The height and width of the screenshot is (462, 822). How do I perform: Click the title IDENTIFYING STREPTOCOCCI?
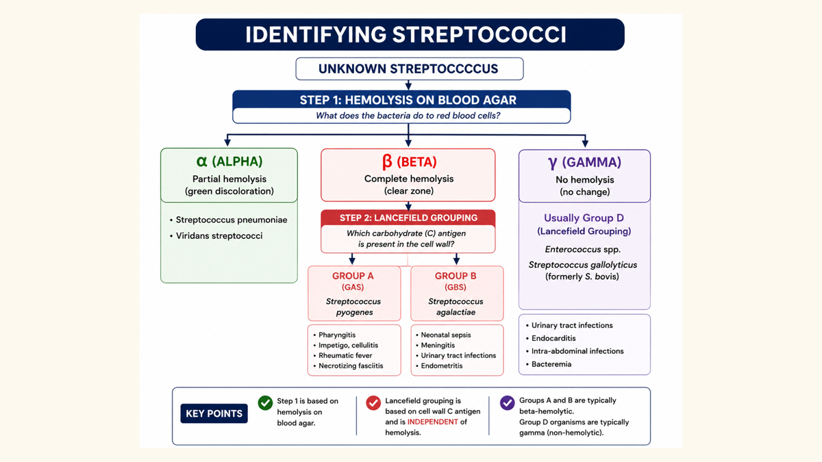coord(406,35)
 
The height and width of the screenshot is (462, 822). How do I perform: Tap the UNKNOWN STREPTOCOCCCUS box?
coord(410,68)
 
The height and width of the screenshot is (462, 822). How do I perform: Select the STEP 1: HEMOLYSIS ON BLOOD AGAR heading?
coord(408,100)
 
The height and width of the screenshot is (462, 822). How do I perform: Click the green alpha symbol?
coord(202,162)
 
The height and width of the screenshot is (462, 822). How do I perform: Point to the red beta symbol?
coord(387,162)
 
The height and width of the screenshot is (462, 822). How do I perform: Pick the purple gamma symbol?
coord(553,163)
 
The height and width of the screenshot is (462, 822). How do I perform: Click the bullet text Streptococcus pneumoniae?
coord(232,220)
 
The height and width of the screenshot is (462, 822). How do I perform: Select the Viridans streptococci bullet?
coord(219,235)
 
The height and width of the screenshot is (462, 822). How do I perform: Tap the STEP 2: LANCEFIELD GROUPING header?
coord(408,218)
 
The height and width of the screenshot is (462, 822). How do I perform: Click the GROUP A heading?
coord(353,276)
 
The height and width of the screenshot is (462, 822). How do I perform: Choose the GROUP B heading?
coord(456,276)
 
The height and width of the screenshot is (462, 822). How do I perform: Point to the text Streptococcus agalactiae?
coord(456,307)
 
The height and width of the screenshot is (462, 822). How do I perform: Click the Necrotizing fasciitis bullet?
coord(351,366)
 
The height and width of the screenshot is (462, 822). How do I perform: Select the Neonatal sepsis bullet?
coord(446,335)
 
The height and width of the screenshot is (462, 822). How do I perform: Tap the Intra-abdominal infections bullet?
coord(577,351)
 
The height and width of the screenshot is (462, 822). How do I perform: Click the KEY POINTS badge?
coord(214,413)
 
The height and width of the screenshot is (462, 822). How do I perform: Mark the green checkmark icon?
coord(265,402)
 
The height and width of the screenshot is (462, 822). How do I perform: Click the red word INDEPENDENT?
coord(433,422)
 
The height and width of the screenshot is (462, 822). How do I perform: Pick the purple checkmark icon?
coord(508,402)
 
